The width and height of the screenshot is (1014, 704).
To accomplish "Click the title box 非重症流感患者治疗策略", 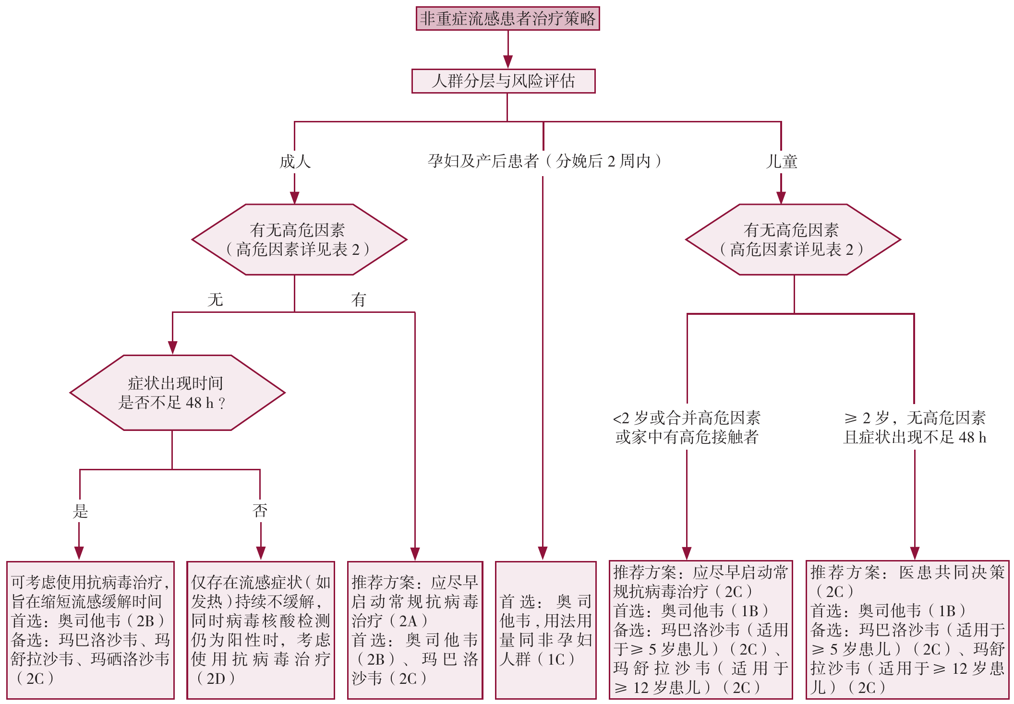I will (x=507, y=19).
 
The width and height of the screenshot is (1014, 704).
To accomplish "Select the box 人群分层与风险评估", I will (x=503, y=81).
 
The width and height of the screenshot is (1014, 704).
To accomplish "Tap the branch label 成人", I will (x=295, y=162).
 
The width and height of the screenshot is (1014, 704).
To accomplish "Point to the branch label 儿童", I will (x=782, y=162).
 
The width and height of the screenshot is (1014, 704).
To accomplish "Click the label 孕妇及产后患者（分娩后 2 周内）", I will (x=544, y=161).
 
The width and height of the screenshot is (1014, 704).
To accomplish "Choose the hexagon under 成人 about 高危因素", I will (x=299, y=239).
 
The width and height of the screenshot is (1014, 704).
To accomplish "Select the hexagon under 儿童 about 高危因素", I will (x=793, y=239).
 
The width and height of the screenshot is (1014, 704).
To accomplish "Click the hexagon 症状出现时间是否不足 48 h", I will (x=177, y=393).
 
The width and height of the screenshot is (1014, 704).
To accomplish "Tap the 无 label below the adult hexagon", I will (x=215, y=300).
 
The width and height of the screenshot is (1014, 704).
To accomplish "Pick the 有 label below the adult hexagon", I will (x=358, y=300).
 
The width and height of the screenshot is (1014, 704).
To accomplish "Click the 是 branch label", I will (x=80, y=511).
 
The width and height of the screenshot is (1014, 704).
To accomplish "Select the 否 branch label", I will (x=260, y=510).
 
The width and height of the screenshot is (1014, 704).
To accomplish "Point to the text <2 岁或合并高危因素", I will (x=687, y=418).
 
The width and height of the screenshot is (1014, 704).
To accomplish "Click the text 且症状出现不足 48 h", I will (x=915, y=437).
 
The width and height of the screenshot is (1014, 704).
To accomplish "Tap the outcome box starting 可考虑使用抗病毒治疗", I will (x=90, y=630).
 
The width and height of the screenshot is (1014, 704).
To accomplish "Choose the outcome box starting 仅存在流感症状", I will (x=260, y=630).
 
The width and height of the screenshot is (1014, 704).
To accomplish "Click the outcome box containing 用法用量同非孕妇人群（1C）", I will (x=545, y=630).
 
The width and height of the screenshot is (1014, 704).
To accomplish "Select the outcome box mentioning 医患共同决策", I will (x=907, y=630).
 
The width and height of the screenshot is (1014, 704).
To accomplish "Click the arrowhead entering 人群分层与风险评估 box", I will (x=507, y=62).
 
